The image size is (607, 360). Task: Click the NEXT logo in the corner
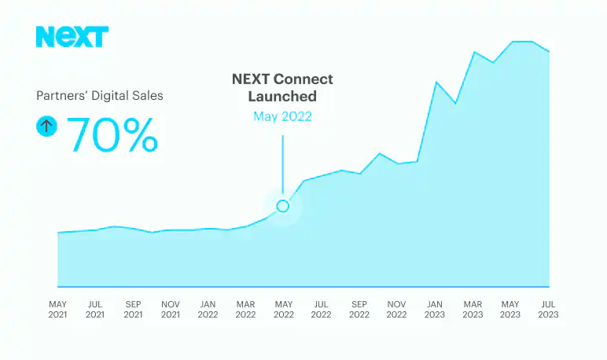(72, 37)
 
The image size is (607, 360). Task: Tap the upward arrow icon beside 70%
(46, 126)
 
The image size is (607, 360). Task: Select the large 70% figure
(112, 134)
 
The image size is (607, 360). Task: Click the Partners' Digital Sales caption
(100, 96)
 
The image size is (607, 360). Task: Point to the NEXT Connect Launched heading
(283, 88)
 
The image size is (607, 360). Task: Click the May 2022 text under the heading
(283, 116)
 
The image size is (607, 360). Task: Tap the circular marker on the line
(283, 206)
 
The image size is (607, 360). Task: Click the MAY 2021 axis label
(57, 309)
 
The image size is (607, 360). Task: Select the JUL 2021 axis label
(95, 309)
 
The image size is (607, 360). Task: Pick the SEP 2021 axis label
(133, 309)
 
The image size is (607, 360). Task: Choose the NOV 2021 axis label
(171, 309)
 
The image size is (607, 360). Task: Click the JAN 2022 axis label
(208, 309)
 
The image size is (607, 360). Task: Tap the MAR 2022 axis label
(246, 309)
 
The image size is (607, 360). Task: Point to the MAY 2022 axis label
(284, 309)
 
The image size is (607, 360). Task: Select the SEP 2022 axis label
(359, 309)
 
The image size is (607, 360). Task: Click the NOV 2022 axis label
(397, 309)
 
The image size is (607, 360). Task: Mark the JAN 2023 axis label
(435, 309)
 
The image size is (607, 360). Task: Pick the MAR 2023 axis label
(473, 309)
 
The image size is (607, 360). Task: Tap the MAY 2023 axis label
(510, 309)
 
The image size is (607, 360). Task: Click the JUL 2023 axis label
(548, 309)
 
